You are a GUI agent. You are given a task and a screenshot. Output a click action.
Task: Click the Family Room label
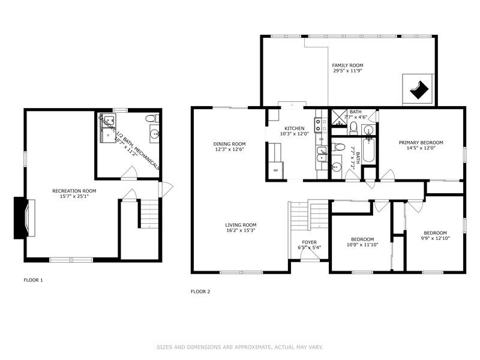348,65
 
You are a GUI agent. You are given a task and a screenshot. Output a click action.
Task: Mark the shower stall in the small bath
339,116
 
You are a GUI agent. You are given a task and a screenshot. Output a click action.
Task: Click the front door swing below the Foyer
309,257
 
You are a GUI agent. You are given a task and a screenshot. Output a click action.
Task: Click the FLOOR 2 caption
200,292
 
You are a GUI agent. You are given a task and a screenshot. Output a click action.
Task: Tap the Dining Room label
229,143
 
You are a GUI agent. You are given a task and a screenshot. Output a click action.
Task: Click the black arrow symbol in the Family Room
419,89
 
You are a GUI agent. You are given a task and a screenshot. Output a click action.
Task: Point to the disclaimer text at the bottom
240,347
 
